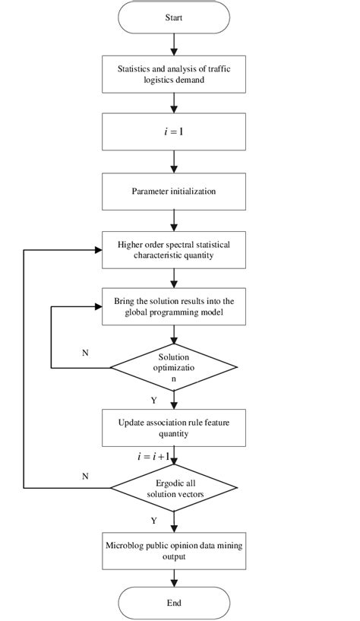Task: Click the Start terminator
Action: tap(174, 17)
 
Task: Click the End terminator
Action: tap(174, 603)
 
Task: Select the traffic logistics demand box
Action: tap(174, 73)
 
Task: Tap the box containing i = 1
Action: tap(174, 131)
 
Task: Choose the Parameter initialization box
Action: tap(174, 191)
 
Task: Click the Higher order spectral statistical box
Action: tap(174, 250)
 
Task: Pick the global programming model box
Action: tap(174, 306)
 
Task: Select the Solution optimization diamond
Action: tap(174, 368)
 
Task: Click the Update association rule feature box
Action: tap(174, 428)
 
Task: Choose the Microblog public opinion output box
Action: tap(174, 550)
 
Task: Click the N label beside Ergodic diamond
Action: tap(84, 475)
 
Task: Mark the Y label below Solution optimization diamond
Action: tap(154, 399)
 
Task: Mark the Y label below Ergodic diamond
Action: tap(154, 521)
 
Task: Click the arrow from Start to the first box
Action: tap(174, 43)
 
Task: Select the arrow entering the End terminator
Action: tap(174, 578)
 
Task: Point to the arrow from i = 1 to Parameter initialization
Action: tap(174, 161)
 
